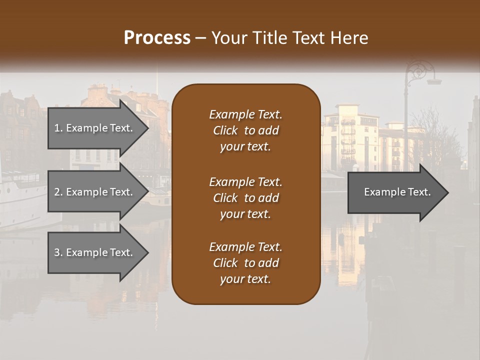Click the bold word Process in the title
(157, 37)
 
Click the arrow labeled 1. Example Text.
(95, 128)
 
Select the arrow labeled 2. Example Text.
(95, 192)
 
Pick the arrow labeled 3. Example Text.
(95, 252)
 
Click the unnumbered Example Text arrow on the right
(395, 192)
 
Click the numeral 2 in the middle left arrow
(57, 192)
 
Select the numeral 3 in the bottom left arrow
(57, 252)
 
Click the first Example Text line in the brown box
(245, 114)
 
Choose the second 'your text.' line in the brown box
(245, 214)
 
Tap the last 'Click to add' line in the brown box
(245, 263)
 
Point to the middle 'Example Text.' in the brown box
(245, 181)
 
